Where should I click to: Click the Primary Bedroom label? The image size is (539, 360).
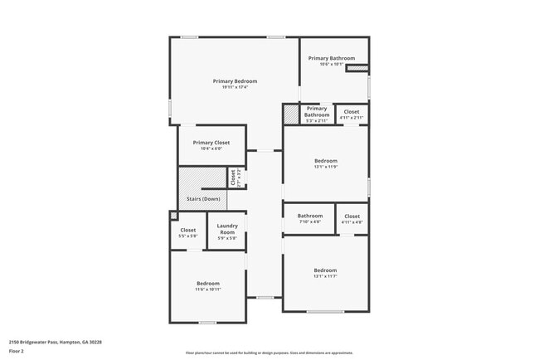[235, 81]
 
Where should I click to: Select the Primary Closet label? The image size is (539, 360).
[211, 143]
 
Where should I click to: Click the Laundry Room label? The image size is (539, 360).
[228, 229]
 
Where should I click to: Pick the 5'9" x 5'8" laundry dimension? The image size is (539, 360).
[228, 239]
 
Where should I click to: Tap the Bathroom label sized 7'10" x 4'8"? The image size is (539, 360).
[310, 216]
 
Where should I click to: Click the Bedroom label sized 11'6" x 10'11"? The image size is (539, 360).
[208, 283]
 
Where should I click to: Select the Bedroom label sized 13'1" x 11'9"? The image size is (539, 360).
[325, 161]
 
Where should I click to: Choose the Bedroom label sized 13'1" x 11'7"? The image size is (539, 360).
[325, 270]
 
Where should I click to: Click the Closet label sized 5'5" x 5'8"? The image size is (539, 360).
[188, 230]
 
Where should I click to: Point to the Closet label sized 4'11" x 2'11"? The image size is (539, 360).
[352, 111]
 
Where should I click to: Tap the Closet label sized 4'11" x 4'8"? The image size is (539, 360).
[352, 216]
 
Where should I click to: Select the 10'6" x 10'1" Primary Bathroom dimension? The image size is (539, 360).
[332, 65]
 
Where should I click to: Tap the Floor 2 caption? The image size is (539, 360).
[17, 350]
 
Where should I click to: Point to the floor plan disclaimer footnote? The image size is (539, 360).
[269, 353]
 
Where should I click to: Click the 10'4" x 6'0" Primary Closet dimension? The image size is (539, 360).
[211, 148]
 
